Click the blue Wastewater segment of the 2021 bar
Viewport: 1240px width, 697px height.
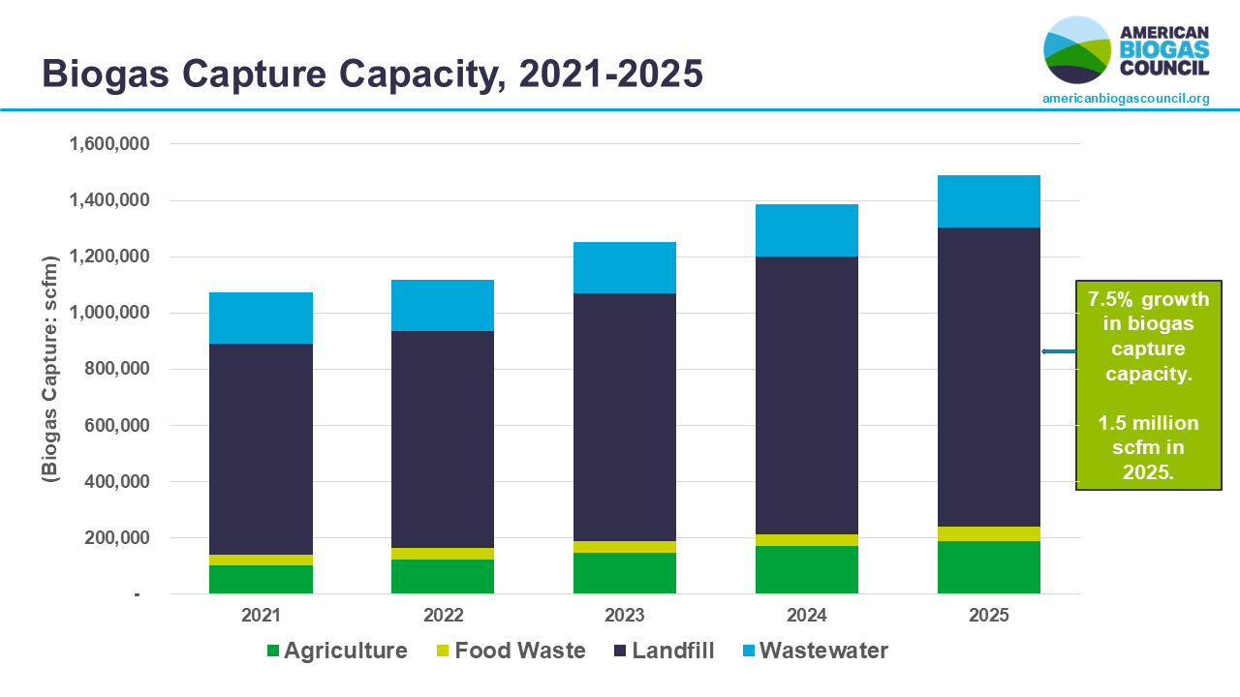tap(261, 318)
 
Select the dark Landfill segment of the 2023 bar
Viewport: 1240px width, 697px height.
tap(624, 416)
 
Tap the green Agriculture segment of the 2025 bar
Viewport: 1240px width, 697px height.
tap(988, 567)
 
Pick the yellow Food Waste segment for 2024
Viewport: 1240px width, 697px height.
tap(806, 540)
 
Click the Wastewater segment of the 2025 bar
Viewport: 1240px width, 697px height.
tap(988, 201)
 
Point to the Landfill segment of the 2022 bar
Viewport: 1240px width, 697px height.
tap(443, 439)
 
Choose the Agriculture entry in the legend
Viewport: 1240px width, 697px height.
tap(336, 651)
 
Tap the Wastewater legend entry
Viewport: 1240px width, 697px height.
tap(813, 651)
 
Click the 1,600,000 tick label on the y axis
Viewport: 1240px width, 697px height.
tap(108, 144)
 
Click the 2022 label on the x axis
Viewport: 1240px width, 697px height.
tap(443, 615)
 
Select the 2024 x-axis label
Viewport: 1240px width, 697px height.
tap(806, 615)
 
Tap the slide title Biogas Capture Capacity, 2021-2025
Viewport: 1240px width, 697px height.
tap(372, 74)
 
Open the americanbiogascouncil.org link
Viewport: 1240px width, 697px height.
tap(1126, 99)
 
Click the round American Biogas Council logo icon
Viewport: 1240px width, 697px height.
tap(1077, 49)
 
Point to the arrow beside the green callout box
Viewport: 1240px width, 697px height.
tap(1058, 351)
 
